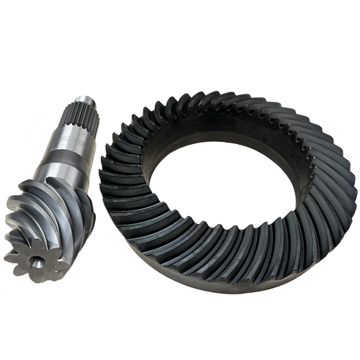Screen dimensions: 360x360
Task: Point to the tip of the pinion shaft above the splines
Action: tap(84, 100)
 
